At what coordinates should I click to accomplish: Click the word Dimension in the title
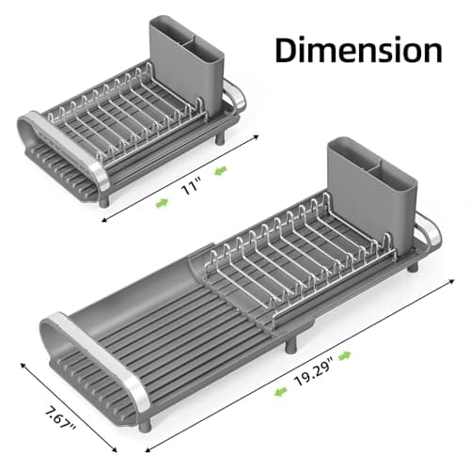[358, 50]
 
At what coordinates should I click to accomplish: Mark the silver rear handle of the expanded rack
[429, 232]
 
